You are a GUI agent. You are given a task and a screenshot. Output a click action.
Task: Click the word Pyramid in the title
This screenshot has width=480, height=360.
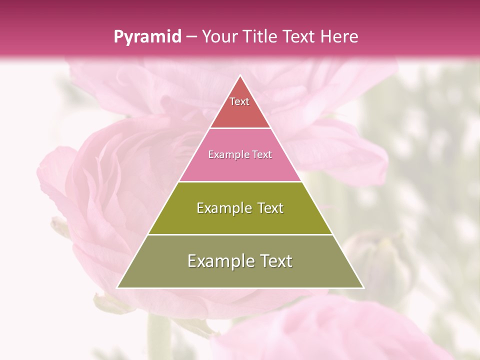click(x=147, y=37)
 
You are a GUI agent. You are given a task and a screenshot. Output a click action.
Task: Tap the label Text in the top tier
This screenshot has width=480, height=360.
click(x=239, y=101)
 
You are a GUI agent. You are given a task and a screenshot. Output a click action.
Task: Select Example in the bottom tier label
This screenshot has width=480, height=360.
click(x=219, y=261)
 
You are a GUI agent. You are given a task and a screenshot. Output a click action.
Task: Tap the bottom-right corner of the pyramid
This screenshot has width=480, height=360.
click(x=363, y=287)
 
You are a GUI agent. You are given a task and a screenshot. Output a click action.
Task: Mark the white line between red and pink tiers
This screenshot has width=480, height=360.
click(x=240, y=128)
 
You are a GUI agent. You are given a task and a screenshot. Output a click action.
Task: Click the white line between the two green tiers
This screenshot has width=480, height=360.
click(x=240, y=234)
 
